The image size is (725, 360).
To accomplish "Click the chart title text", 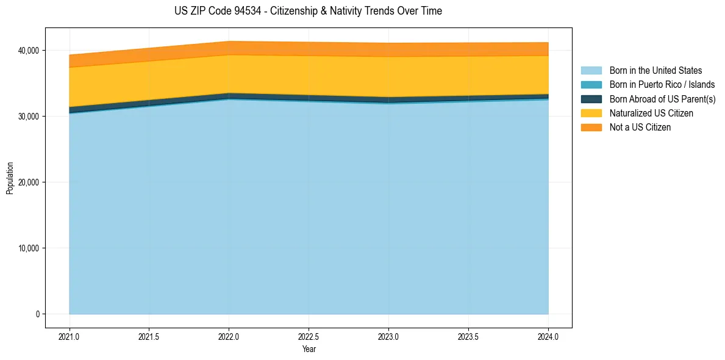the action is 309,11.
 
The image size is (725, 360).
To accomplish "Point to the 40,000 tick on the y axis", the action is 29,51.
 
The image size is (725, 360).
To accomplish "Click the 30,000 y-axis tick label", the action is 29,116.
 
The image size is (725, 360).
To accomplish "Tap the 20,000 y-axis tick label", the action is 29,182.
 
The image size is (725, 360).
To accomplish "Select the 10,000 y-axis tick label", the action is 29,248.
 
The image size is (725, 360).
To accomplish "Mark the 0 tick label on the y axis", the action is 37,314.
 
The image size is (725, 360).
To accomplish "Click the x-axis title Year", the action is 309,350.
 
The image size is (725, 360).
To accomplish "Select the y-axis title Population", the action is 9,178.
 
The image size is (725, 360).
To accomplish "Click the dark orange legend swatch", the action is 592,128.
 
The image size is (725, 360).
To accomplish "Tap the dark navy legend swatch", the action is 592,99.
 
